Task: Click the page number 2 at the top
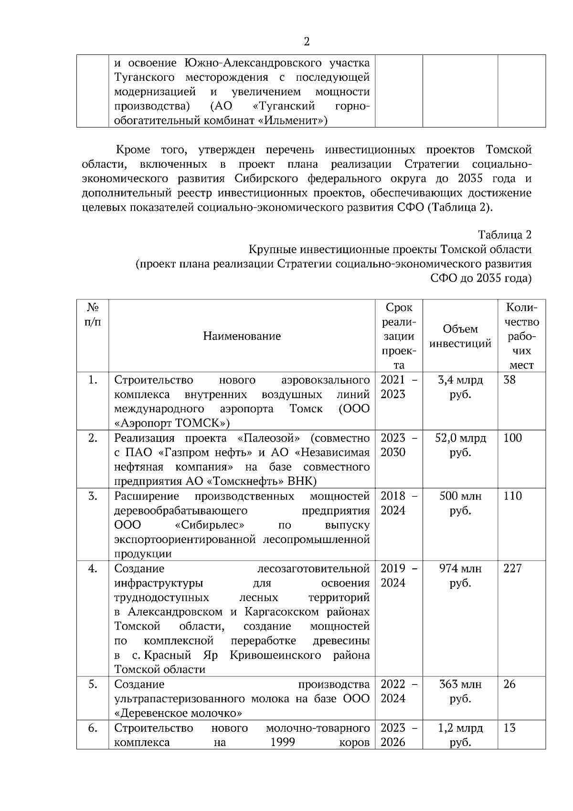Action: [307, 42]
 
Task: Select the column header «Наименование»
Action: [242, 336]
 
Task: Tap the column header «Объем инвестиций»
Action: [460, 336]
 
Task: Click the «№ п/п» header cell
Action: [93, 314]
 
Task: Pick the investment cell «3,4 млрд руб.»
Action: [460, 387]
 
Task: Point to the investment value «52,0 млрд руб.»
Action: [460, 445]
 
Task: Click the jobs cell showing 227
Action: [512, 568]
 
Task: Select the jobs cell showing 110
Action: [512, 496]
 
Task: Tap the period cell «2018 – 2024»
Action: [398, 503]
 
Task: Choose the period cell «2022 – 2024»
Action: [398, 691]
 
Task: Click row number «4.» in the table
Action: [93, 568]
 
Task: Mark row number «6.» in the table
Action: [93, 728]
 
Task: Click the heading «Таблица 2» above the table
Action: [505, 235]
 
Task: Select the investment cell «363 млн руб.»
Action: [460, 691]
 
